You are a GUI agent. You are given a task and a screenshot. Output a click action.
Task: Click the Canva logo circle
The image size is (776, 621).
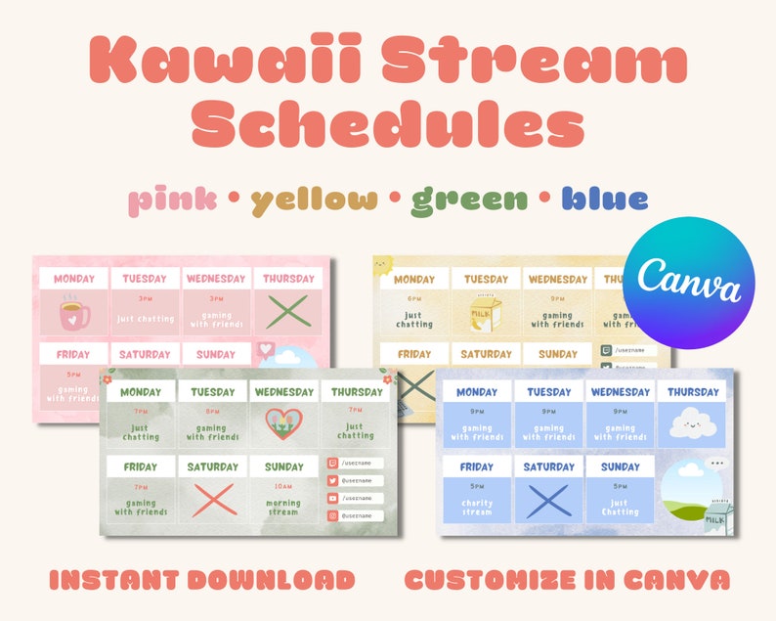coord(688,284)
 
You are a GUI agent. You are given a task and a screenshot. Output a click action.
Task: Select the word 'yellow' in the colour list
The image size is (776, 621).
coord(314,200)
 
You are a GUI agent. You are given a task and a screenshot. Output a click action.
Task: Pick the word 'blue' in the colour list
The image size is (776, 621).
coord(605,200)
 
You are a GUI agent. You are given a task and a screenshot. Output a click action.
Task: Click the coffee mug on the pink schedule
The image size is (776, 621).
coord(74,314)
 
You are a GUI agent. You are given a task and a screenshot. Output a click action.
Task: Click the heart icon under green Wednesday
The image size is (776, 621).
coord(283,423)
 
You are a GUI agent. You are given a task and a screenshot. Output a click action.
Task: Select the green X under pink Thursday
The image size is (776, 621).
coord(286,313)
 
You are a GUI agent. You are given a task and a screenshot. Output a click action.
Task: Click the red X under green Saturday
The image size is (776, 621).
coord(212,499)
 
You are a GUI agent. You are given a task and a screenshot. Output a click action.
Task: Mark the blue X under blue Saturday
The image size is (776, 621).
coord(549,499)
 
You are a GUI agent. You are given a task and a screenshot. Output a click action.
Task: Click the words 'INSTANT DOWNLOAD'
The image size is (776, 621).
coord(201,580)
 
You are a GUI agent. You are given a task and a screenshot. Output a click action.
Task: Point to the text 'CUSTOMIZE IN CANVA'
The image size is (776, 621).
coord(567,580)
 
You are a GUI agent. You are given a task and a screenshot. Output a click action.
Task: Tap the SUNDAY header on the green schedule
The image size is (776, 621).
coord(283,466)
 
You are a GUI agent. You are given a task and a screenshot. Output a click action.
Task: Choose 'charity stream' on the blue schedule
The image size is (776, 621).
coord(477,506)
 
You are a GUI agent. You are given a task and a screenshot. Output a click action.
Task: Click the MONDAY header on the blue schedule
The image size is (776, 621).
coord(477,392)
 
